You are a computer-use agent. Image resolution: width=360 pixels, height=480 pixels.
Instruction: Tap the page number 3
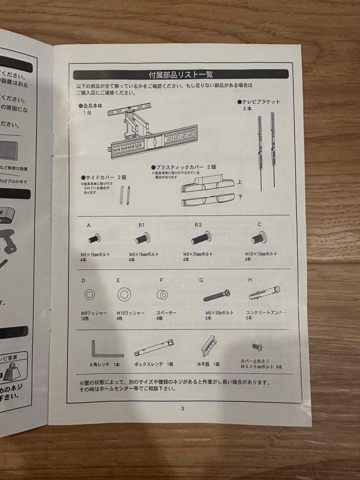[x=182, y=409]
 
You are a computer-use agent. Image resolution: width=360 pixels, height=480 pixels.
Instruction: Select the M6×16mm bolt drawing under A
[x=95, y=239]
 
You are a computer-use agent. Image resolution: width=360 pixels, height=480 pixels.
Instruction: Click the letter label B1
[x=141, y=225]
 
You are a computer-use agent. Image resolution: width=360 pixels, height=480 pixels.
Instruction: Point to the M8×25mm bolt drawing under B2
[x=201, y=239]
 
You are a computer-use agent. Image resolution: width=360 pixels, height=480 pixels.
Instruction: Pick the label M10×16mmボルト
[x=261, y=254]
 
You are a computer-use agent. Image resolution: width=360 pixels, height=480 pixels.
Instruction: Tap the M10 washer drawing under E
[x=123, y=294]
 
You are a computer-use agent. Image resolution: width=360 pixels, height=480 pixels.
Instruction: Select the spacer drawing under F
[x=162, y=294]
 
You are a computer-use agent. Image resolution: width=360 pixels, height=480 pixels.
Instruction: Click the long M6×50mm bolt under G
[x=217, y=295]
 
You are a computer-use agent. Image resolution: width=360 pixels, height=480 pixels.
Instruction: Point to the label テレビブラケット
[x=260, y=102]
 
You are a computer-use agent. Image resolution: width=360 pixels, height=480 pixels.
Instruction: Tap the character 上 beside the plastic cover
[x=240, y=181]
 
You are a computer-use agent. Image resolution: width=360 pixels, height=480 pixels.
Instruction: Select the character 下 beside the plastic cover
[x=240, y=197]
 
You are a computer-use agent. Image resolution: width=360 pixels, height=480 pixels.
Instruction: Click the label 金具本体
[x=93, y=106]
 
